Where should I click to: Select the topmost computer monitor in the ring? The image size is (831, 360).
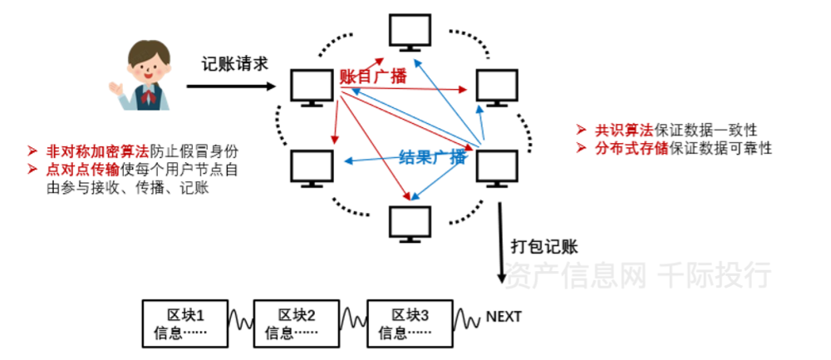click(x=410, y=32)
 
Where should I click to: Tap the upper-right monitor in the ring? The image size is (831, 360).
click(x=498, y=86)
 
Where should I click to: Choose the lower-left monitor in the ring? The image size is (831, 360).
click(x=313, y=167)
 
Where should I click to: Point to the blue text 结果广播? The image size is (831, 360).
click(x=432, y=158)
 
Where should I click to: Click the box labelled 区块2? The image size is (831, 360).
click(x=296, y=323)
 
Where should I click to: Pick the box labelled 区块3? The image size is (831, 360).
click(x=410, y=323)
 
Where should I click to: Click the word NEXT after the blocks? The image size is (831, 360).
click(x=504, y=317)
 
